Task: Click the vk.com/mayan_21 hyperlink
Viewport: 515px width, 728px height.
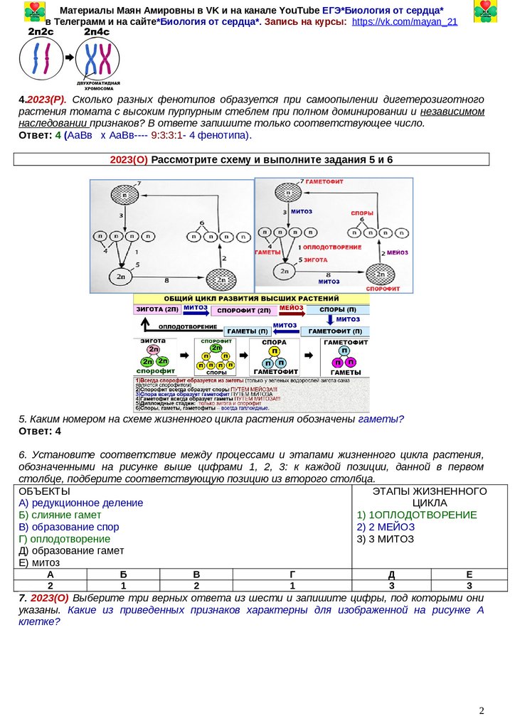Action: pyautogui.click(x=404, y=22)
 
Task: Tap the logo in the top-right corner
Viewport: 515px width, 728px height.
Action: pyautogui.click(x=486, y=11)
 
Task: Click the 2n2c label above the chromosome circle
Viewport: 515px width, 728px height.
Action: pyautogui.click(x=41, y=33)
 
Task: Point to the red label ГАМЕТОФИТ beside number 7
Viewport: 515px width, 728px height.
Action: pyautogui.click(x=328, y=183)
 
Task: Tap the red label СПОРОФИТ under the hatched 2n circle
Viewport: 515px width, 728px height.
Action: pyautogui.click(x=381, y=290)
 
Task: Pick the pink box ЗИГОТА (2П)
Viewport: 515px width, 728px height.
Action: pyautogui.click(x=156, y=309)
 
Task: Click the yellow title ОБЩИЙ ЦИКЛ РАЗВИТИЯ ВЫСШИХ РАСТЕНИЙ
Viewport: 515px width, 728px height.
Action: pyautogui.click(x=252, y=299)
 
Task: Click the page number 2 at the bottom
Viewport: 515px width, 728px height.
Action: pyautogui.click(x=482, y=710)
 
